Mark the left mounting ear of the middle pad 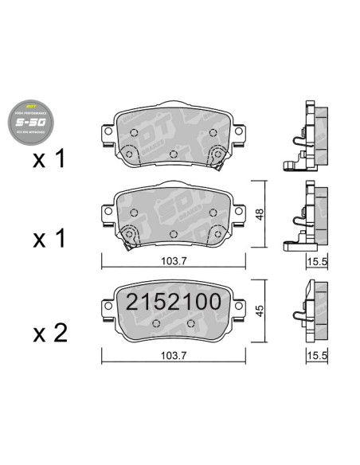(108, 213)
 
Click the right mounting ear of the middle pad (239, 213)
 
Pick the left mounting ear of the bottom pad (108, 306)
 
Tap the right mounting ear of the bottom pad (239, 306)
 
